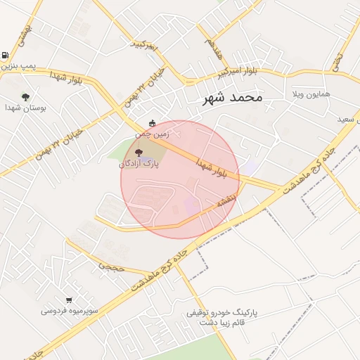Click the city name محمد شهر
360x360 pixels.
coord(232,97)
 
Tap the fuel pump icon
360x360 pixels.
coord(6,56)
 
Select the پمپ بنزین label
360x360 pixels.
coord(17,67)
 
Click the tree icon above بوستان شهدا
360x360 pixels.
coord(26,97)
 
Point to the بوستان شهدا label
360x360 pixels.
coord(25,108)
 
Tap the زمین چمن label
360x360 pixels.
coord(153,133)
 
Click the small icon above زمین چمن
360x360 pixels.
coord(153,122)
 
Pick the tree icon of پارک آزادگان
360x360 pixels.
coord(138,151)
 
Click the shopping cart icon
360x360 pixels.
coord(69,300)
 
